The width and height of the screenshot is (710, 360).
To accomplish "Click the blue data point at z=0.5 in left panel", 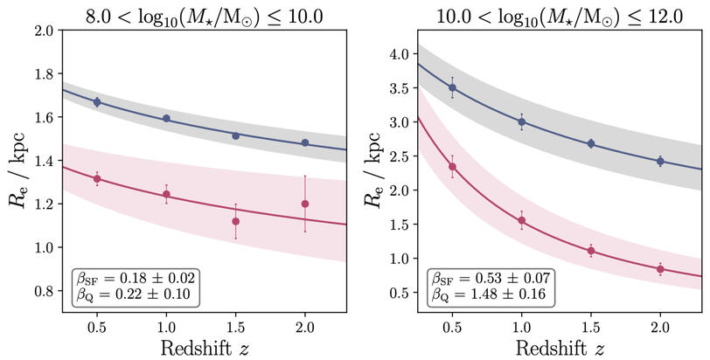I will (x=97, y=102).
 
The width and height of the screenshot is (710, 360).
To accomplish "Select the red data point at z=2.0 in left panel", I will (x=305, y=204).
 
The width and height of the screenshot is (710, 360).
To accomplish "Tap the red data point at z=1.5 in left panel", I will (x=236, y=221).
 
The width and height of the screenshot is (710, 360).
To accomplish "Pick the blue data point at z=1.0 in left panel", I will (x=166, y=118).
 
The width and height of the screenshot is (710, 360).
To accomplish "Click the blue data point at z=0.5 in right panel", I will (x=452, y=87).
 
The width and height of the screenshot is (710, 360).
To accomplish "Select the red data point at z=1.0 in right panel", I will (x=522, y=220).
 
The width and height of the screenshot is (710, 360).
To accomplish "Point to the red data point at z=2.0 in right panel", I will (x=660, y=269).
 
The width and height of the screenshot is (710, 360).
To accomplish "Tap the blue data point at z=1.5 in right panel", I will (x=591, y=143).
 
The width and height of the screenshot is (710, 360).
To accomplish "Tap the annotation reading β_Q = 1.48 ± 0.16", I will (x=491, y=294).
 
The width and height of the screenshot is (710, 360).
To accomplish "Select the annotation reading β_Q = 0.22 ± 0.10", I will (x=137, y=294).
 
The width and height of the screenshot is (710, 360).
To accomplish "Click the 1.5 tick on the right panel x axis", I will (x=591, y=324).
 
